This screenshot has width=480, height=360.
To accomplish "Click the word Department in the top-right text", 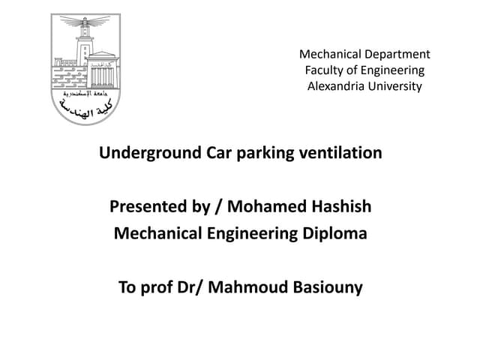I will [396, 54].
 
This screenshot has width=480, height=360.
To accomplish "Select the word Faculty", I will [324, 70].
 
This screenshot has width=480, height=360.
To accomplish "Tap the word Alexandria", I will [335, 86].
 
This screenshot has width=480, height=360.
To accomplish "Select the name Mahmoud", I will [251, 287].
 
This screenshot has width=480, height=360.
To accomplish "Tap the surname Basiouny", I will [325, 287].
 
